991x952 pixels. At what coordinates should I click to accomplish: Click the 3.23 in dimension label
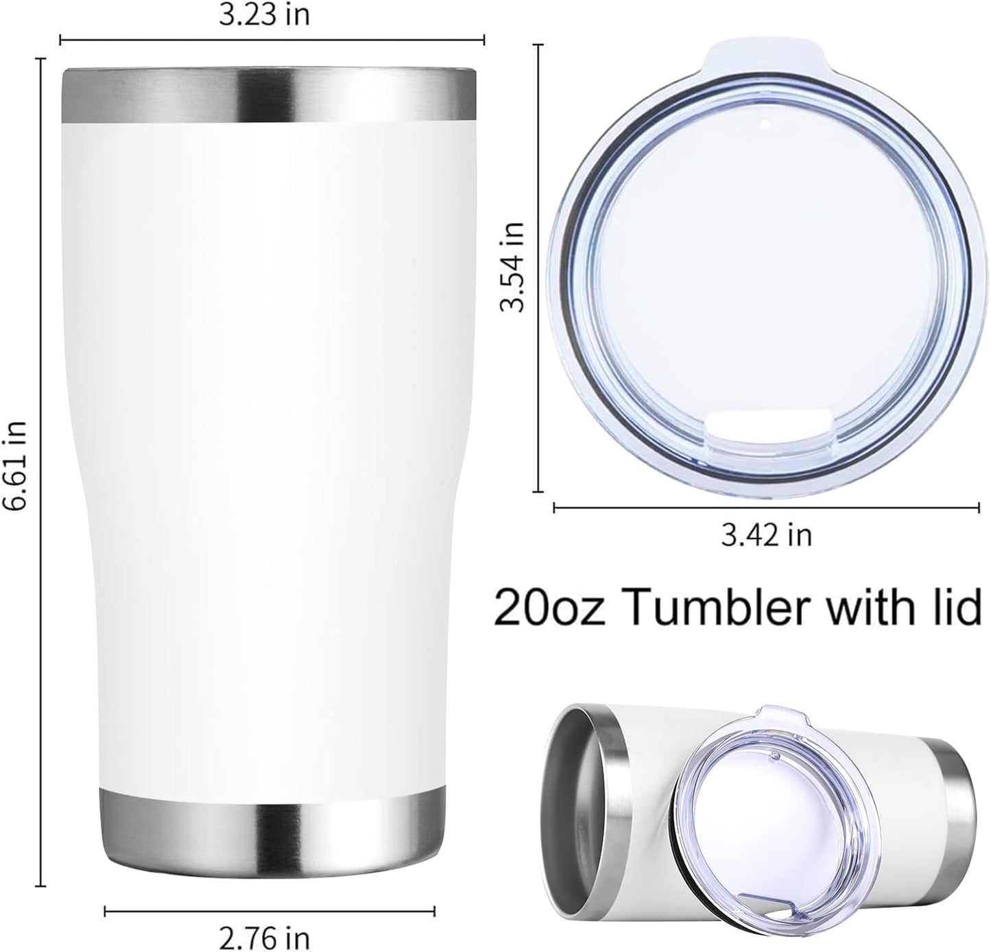[264, 15]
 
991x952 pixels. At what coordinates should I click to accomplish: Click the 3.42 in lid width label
[766, 535]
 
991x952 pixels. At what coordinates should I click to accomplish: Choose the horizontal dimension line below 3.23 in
[272, 40]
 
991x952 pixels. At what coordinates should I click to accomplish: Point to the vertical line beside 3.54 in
[536, 267]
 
